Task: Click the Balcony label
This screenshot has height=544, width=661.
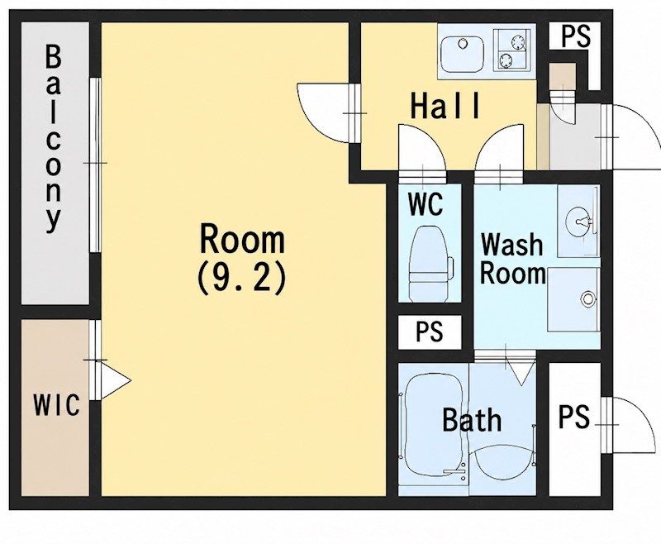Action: pyautogui.click(x=53, y=139)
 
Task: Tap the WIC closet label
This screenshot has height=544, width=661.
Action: pyautogui.click(x=56, y=405)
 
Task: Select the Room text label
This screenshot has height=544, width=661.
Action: pyautogui.click(x=242, y=239)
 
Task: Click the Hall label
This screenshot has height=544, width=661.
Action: pyautogui.click(x=445, y=106)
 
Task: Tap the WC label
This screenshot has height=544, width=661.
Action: pyautogui.click(x=426, y=204)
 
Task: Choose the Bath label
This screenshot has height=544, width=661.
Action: pyautogui.click(x=472, y=420)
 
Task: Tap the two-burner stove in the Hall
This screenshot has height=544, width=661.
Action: pyautogui.click(x=511, y=49)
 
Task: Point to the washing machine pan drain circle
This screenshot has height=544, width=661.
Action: pyautogui.click(x=587, y=299)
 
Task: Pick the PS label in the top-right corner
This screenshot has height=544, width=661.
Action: pyautogui.click(x=575, y=36)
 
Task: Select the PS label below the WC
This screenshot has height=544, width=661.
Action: pyautogui.click(x=430, y=332)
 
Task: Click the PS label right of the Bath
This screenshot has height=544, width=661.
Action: pyautogui.click(x=573, y=417)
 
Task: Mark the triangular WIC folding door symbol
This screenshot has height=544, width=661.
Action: pyautogui.click(x=115, y=381)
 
